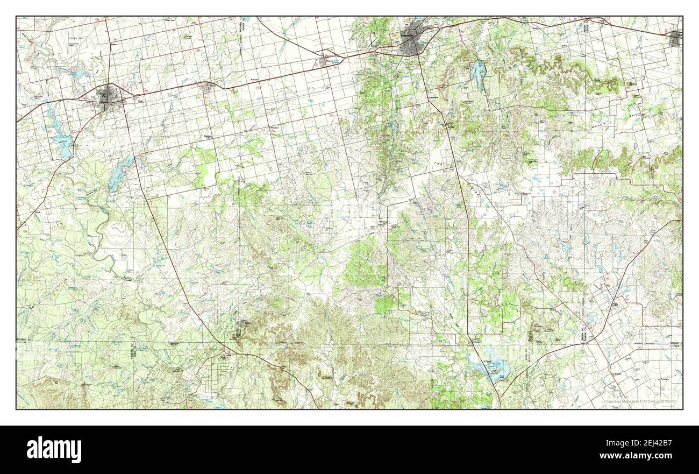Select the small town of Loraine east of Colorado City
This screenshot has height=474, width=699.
click(x=206, y=88)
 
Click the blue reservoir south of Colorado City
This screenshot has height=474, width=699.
click(x=120, y=172)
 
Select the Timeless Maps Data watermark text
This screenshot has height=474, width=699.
click(x=643, y=401)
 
